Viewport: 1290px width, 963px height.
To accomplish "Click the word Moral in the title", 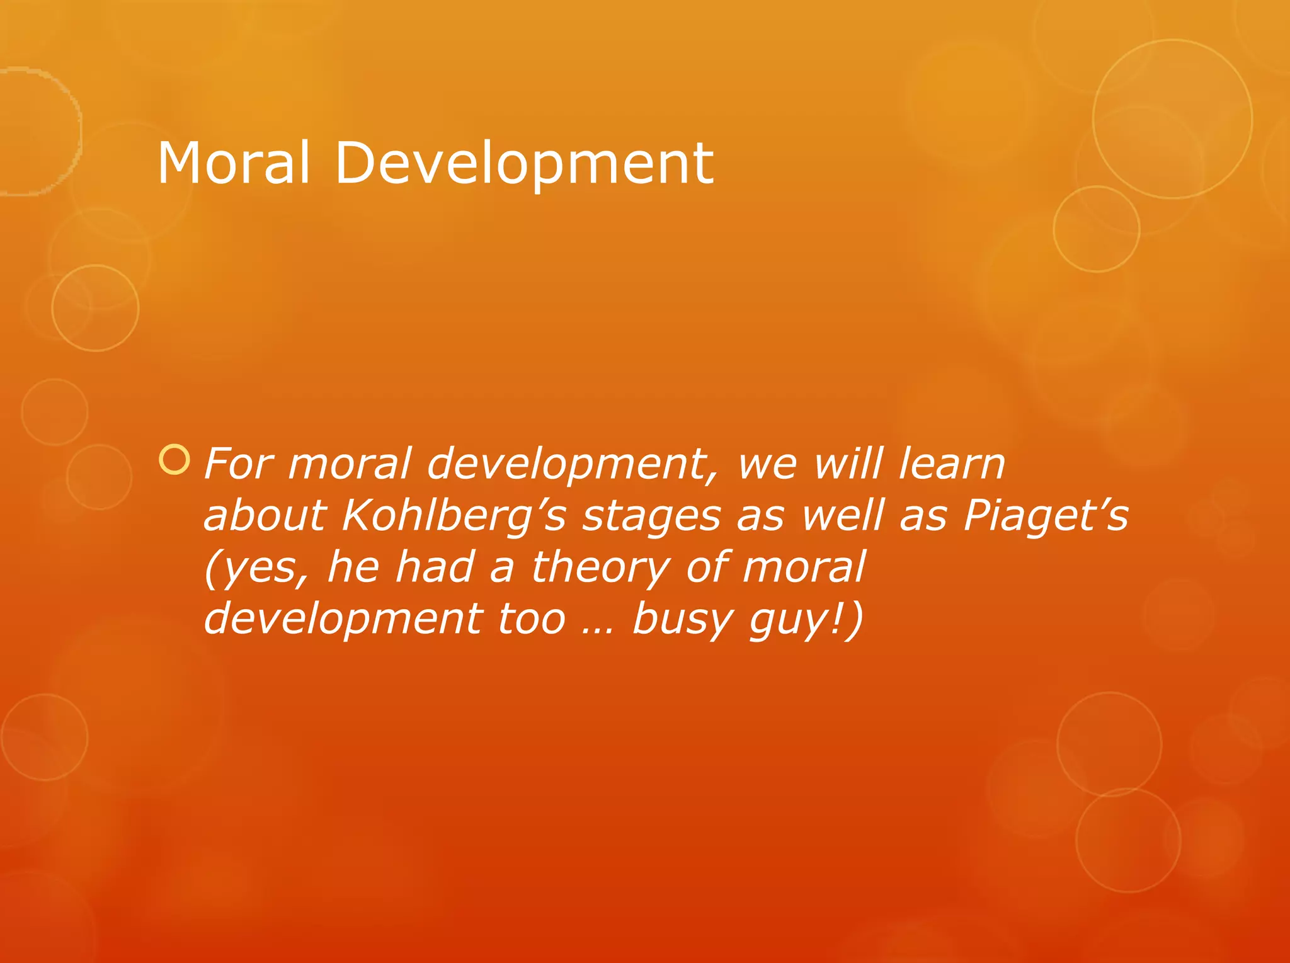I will (x=233, y=163).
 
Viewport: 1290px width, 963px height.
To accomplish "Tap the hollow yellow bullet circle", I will (x=174, y=460).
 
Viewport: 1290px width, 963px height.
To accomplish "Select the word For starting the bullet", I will (x=239, y=464).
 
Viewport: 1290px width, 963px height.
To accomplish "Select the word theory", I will (x=600, y=568).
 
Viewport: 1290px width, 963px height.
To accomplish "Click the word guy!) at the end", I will (x=806, y=620).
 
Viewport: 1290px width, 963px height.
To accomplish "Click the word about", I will (x=265, y=515).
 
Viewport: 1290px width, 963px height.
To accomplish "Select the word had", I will (x=434, y=567).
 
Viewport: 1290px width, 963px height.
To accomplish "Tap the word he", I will (x=353, y=567).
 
